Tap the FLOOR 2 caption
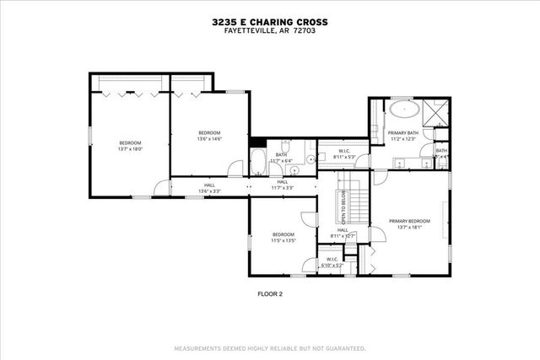(270, 294)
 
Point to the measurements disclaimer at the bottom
(270, 347)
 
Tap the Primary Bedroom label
(409, 221)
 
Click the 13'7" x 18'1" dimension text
(409, 227)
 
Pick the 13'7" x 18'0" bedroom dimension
(130, 148)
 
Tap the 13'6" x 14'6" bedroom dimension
(209, 138)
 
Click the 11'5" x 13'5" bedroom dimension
(283, 240)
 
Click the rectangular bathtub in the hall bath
(257, 161)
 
